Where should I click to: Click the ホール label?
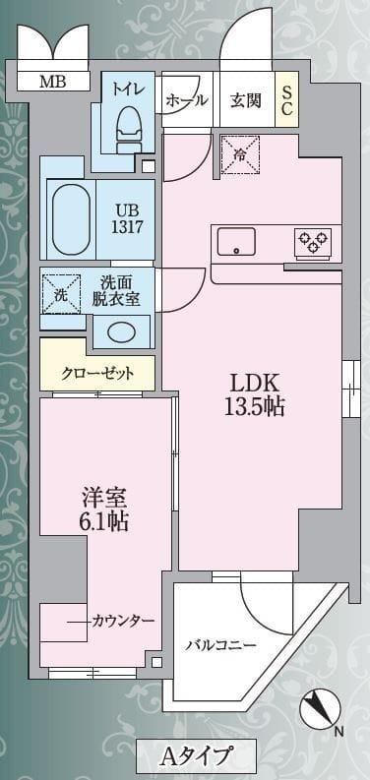(186, 100)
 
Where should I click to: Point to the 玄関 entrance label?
(245, 100)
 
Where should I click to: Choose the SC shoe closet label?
(287, 100)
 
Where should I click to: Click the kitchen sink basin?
(236, 241)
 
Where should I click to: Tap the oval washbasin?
(122, 330)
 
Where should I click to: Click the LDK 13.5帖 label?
(257, 394)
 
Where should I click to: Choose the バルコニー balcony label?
(221, 645)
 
